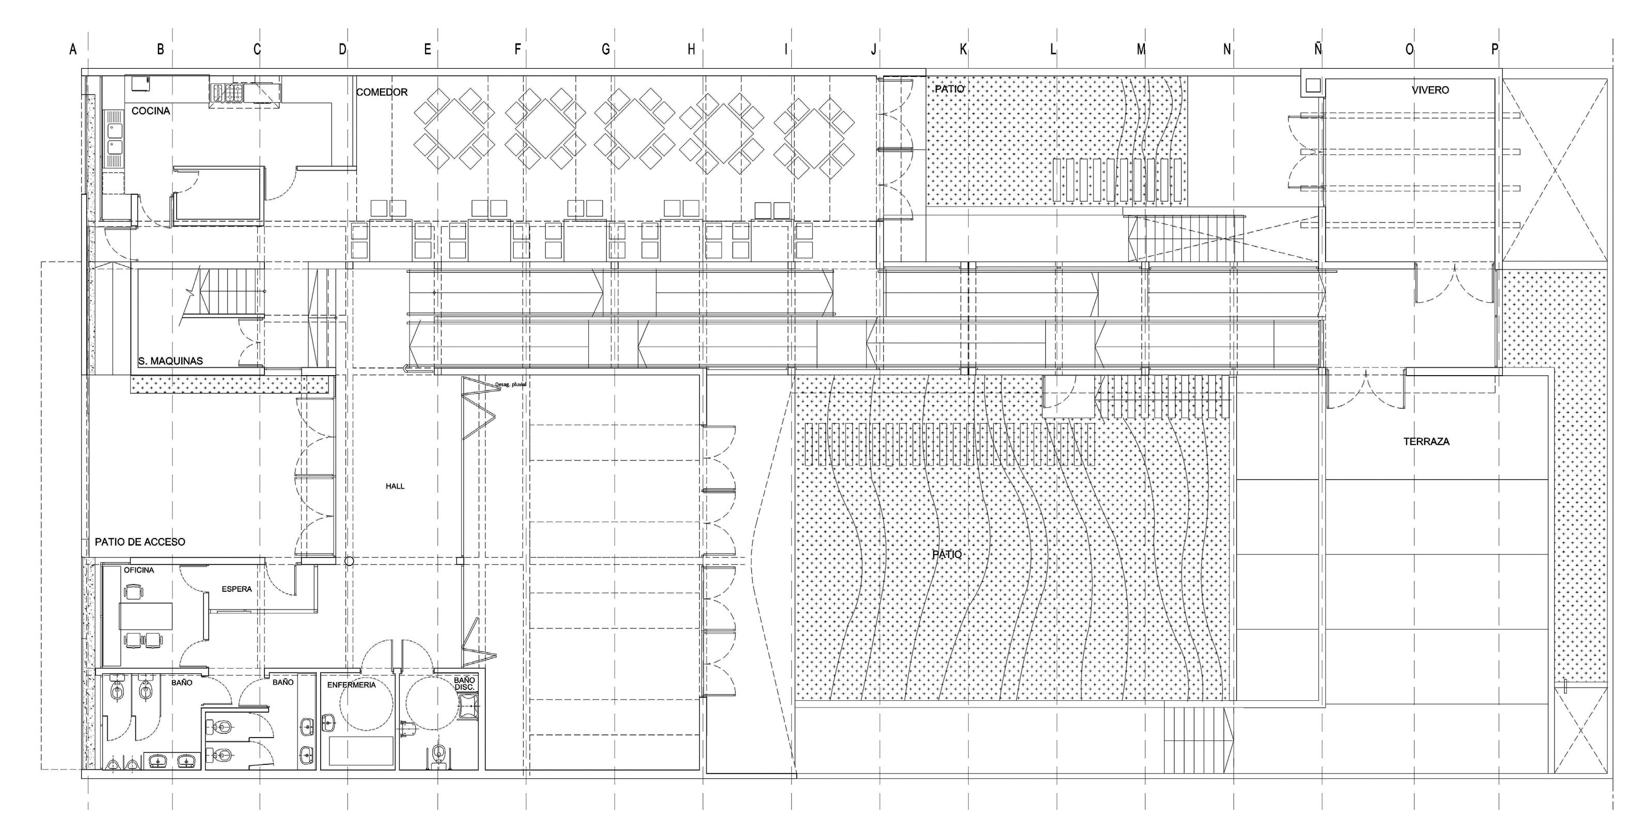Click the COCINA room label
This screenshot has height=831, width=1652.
pos(151,111)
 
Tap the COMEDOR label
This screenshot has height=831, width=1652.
pos(382,93)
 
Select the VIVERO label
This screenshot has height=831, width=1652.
pos(1429,90)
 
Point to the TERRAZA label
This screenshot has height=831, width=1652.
pos(1426,441)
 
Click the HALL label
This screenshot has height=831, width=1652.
pos(395,486)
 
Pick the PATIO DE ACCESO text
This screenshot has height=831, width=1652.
pos(140,542)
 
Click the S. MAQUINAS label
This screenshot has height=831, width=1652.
pos(170,361)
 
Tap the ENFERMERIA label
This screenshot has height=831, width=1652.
pos(352,685)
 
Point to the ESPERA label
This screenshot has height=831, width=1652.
pos(237,589)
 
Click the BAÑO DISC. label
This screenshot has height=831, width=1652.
pos(464,683)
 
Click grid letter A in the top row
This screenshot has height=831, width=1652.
pos(73,50)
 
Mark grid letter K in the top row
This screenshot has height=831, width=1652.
pos(963,50)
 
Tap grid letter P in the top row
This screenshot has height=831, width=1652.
pos(1495,50)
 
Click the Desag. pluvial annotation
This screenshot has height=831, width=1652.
pos(511,385)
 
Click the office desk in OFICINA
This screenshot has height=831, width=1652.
pos(146,616)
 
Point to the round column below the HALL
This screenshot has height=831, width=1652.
pos(349,561)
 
